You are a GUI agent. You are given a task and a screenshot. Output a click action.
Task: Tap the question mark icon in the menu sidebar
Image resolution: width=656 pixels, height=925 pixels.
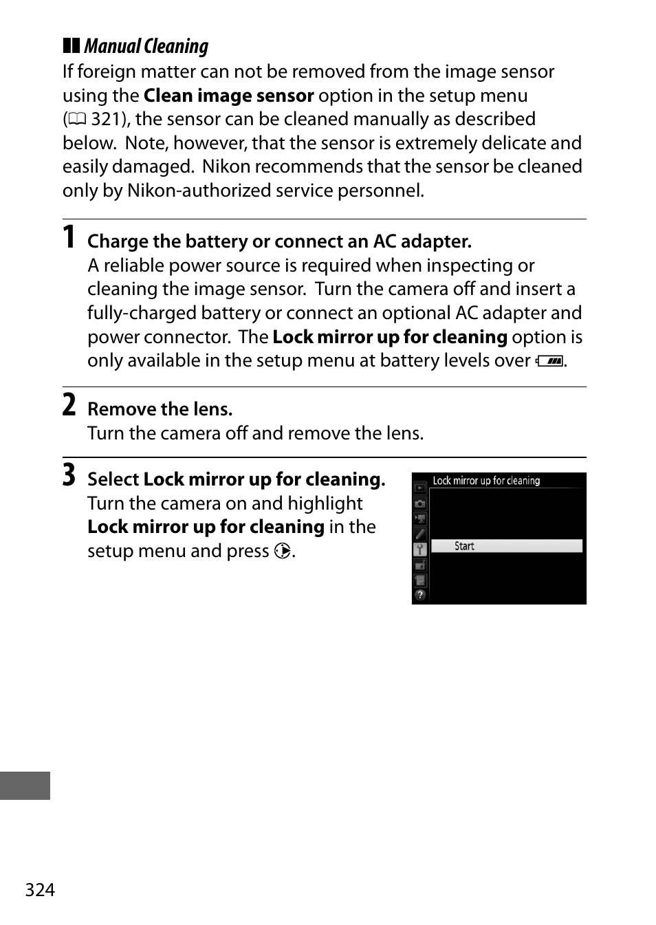(420, 595)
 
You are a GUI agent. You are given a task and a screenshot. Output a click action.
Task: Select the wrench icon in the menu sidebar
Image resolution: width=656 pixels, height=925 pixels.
(420, 549)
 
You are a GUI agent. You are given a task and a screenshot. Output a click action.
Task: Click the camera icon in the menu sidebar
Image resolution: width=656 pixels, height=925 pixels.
(420, 503)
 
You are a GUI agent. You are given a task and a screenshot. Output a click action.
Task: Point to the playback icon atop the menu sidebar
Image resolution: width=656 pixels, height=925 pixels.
(420, 488)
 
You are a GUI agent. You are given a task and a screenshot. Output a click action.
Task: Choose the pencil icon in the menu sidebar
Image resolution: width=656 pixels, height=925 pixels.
(420, 534)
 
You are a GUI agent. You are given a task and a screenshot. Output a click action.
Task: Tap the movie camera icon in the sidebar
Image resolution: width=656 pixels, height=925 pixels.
(420, 519)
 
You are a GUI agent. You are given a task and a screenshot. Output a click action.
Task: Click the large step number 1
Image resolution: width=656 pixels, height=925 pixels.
(69, 237)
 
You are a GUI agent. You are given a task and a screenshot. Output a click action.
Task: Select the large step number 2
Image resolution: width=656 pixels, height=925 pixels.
(69, 405)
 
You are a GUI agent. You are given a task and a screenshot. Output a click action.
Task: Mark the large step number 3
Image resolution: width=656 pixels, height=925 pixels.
(69, 475)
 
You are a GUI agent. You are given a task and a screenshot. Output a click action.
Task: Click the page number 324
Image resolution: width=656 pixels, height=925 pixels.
(40, 890)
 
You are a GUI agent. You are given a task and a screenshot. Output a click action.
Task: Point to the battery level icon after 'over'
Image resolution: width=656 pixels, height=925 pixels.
(550, 361)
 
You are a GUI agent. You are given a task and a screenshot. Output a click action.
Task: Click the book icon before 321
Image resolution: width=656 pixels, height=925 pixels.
(77, 120)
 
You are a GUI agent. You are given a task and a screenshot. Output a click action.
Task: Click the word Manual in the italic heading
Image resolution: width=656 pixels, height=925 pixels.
(112, 46)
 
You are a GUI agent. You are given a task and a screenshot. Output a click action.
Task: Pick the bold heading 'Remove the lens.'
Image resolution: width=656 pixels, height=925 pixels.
(160, 409)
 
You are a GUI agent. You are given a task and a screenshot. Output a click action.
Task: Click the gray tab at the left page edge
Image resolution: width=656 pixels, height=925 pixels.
(25, 785)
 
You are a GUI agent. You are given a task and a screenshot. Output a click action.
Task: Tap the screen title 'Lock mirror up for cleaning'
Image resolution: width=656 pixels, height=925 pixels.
(486, 481)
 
